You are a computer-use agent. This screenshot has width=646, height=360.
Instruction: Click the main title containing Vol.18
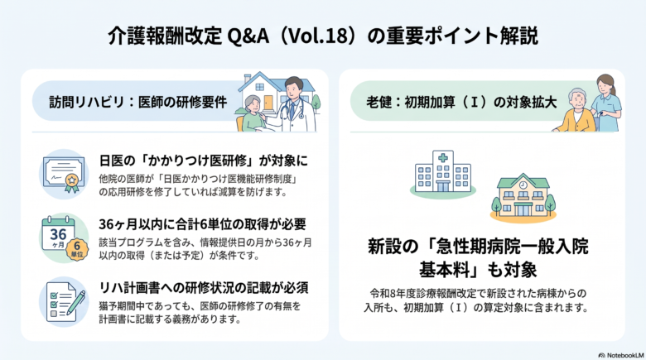pyautogui.click(x=323, y=36)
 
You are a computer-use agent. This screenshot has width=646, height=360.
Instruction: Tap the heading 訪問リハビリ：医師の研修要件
pyautogui.click(x=138, y=102)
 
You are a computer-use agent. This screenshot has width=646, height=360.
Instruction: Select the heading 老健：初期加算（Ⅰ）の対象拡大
pyautogui.click(x=461, y=102)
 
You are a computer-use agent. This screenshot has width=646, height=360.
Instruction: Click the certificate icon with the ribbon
pyautogui.click(x=65, y=175)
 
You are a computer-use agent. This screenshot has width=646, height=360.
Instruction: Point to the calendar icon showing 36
pyautogui.click(x=58, y=234)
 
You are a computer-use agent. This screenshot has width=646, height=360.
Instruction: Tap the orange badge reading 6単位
pyautogui.click(x=77, y=250)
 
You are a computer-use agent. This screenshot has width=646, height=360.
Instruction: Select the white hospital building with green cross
pyautogui.click(x=443, y=172)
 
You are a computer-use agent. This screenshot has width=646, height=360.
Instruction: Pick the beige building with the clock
pyautogui.click(x=523, y=196)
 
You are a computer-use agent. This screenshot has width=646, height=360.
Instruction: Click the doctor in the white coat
pyautogui.click(x=296, y=106)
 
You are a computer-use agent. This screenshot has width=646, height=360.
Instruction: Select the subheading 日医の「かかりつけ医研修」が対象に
pyautogui.click(x=204, y=161)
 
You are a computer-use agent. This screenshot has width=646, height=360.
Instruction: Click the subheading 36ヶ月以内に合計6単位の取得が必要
pyautogui.click(x=202, y=224)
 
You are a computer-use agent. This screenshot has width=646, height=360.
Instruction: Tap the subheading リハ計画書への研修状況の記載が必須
pyautogui.click(x=204, y=287)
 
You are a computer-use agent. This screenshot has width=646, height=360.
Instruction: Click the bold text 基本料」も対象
pyautogui.click(x=478, y=270)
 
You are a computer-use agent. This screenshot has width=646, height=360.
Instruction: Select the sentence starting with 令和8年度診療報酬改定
pyautogui.click(x=477, y=300)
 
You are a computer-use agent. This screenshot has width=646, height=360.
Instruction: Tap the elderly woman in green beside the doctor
pyautogui.click(x=252, y=113)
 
